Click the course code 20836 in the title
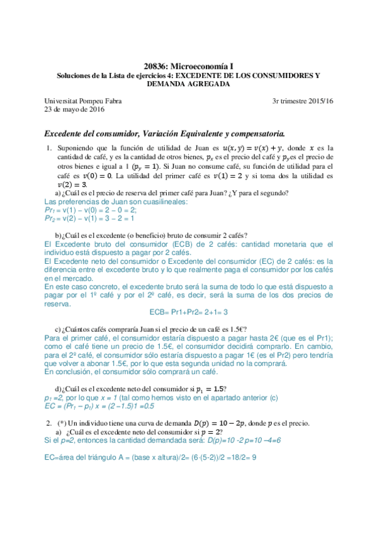point(155,65)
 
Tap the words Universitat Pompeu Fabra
point(83,101)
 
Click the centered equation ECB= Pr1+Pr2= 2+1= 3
point(188,311)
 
